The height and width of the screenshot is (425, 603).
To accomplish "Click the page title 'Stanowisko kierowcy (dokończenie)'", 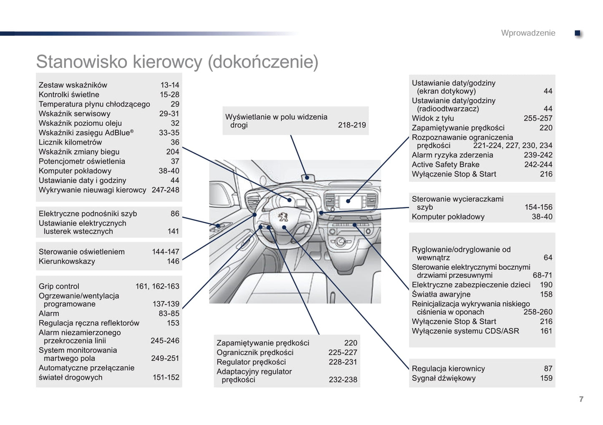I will tap(177, 62).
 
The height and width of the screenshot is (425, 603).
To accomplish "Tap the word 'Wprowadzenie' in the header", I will tap(528, 33).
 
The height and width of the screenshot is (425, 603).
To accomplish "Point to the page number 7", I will tap(581, 399).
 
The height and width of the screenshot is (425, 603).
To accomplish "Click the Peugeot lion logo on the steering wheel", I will tap(284, 217).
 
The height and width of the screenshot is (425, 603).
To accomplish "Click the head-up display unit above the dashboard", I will tap(308, 177).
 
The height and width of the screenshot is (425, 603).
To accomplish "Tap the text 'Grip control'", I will tap(59, 286).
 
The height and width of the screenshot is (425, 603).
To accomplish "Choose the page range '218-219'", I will tap(352, 125).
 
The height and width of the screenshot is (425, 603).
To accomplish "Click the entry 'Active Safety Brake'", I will tap(445, 164).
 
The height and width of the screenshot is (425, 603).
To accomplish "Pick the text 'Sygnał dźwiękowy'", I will tap(444, 378).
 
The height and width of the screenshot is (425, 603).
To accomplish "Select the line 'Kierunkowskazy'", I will tap(67, 262).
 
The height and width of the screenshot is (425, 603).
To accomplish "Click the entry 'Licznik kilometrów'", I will tap(70, 142).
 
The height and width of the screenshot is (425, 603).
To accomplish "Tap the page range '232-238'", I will tap(343, 380).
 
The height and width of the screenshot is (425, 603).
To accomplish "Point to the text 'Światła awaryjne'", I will tap(441, 294).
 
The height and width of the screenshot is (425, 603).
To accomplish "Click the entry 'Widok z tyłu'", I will tap(433, 118).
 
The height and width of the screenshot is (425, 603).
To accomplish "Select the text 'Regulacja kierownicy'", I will tap(448, 369).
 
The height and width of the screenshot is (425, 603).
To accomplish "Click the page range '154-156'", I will tap(538, 207).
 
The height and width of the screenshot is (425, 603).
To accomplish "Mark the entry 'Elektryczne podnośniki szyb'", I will tap(88, 214).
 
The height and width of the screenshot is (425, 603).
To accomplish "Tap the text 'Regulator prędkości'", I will tap(251, 362).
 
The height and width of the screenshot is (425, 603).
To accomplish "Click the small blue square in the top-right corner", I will tap(578, 33).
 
